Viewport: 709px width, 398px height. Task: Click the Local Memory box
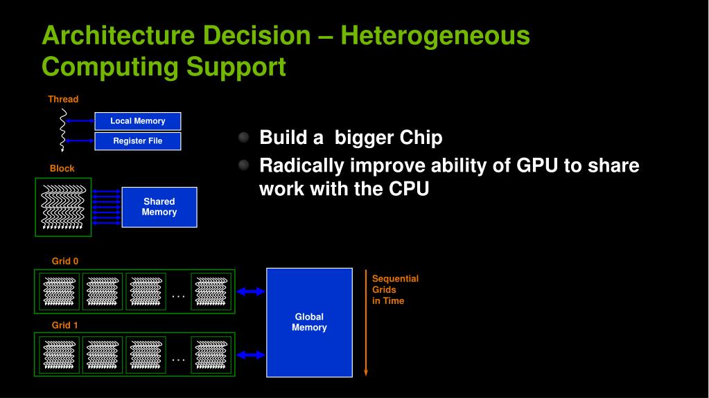137,121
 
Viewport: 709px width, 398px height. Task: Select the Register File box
137,141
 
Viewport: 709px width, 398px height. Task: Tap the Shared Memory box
159,207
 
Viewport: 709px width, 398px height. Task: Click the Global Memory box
309,322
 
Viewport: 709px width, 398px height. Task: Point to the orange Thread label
63,99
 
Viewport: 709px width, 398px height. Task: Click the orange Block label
62,168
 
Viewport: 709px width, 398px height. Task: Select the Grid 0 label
65,261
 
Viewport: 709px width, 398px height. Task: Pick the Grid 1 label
65,325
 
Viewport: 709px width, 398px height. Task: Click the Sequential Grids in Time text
395,289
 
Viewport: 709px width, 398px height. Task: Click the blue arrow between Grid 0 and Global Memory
251,291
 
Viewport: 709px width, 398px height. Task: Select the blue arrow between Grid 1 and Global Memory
251,355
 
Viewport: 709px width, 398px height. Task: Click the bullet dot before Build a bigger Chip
243,138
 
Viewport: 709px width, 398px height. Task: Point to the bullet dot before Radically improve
243,166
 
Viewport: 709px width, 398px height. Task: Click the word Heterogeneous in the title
435,35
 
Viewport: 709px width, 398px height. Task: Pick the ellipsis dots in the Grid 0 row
178,296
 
